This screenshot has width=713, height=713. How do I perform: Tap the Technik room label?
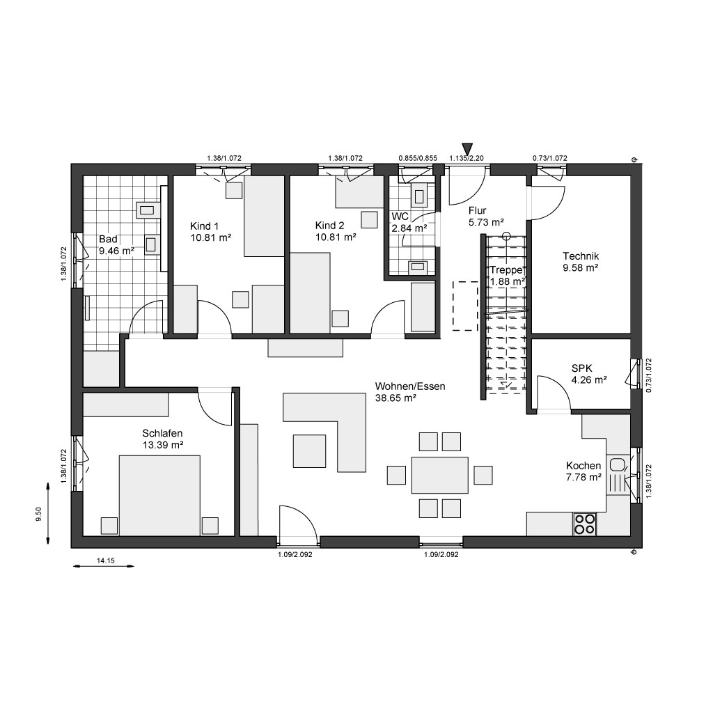(581, 256)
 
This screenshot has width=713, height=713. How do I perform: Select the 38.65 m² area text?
(395, 398)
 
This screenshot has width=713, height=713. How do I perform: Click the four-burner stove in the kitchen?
(585, 524)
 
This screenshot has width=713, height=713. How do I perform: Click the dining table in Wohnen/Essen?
(440, 475)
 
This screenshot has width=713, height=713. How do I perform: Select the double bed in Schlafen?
(159, 495)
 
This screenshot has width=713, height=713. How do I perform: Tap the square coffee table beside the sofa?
(309, 450)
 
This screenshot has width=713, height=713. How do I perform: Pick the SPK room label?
(582, 369)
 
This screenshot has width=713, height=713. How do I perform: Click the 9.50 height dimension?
(39, 513)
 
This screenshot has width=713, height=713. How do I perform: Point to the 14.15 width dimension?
(106, 561)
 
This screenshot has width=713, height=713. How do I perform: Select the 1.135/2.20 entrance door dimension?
(467, 158)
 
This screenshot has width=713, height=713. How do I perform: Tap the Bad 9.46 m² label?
(116, 244)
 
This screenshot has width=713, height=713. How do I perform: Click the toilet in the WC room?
(418, 194)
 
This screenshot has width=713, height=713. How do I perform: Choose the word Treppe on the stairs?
(506, 270)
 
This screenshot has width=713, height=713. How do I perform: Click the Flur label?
(478, 210)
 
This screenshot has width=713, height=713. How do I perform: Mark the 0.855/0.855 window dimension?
(418, 158)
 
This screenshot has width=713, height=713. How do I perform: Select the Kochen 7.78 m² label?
(584, 471)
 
